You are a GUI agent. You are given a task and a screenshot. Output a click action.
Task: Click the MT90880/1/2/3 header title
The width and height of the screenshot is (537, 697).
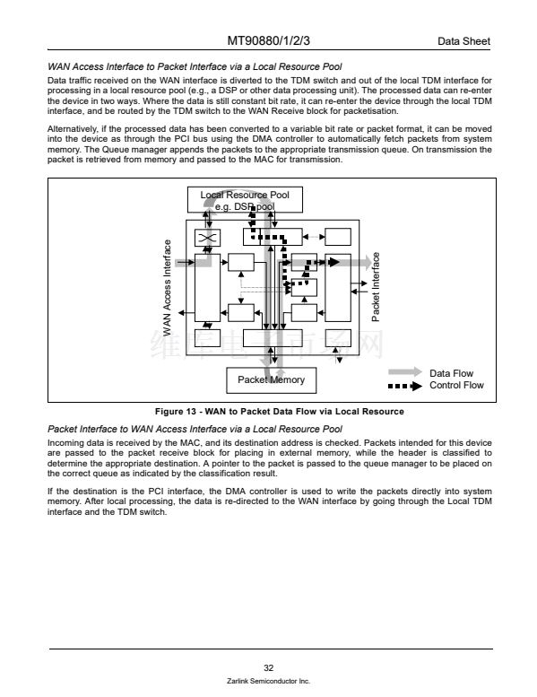pyautogui.click(x=268, y=41)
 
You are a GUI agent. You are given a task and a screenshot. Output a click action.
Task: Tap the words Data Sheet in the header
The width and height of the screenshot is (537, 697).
pyautogui.click(x=463, y=41)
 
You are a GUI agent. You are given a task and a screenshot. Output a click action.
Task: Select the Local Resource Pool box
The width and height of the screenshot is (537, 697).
pyautogui.click(x=245, y=199)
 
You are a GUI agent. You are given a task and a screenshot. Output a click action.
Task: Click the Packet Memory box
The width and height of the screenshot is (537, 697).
pyautogui.click(x=272, y=380)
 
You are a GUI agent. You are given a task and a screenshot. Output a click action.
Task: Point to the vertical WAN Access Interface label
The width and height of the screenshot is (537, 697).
pyautogui.click(x=167, y=288)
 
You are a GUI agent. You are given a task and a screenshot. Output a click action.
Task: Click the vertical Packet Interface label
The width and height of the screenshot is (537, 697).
pyautogui.click(x=376, y=287)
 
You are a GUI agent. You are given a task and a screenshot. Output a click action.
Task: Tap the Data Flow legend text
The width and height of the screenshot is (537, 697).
pyautogui.click(x=451, y=373)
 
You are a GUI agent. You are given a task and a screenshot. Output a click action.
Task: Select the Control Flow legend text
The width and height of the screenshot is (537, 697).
pyautogui.click(x=456, y=386)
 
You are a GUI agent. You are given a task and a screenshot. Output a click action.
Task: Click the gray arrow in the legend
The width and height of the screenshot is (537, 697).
pyautogui.click(x=405, y=372)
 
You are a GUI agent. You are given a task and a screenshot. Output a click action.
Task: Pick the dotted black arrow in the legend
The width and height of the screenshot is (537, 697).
pyautogui.click(x=405, y=386)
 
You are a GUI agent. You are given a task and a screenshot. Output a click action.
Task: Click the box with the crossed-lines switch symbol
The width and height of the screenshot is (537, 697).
pyautogui.click(x=207, y=238)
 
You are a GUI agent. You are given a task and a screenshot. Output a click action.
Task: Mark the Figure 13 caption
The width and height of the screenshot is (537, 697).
pyautogui.click(x=280, y=412)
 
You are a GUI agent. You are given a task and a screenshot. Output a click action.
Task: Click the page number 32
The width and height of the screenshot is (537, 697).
pyautogui.click(x=269, y=667)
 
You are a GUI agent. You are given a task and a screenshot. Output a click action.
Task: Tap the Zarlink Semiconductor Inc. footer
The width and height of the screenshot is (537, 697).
pyautogui.click(x=268, y=681)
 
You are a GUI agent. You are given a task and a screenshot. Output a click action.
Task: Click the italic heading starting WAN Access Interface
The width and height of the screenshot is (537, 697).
pyautogui.click(x=195, y=66)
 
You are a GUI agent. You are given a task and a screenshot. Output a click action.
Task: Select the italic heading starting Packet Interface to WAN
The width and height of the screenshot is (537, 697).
pyautogui.click(x=195, y=429)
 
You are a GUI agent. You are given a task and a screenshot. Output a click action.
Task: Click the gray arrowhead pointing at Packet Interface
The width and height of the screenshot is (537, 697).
pyautogui.click(x=367, y=262)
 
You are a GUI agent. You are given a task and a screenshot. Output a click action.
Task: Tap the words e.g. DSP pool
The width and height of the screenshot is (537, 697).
pyautogui.click(x=245, y=206)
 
